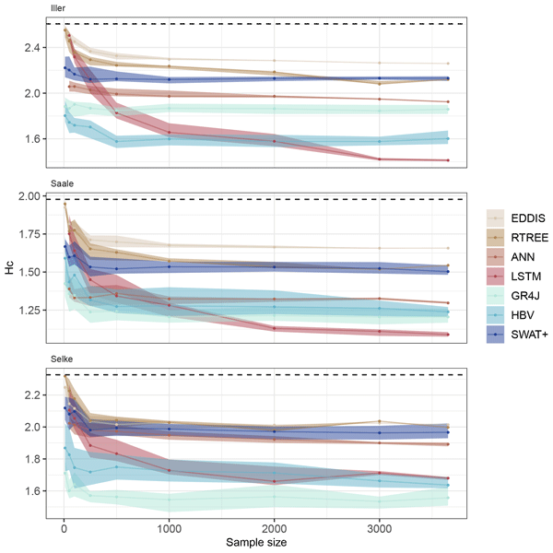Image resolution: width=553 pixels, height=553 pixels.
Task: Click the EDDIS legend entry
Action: (521, 218)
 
